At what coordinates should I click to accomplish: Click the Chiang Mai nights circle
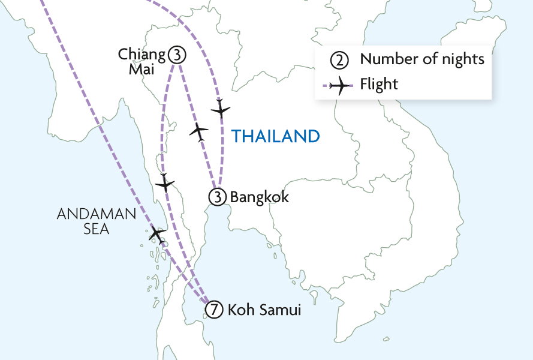[176, 55]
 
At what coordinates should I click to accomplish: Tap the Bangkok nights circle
[216, 196]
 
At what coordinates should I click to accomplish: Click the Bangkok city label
[260, 197]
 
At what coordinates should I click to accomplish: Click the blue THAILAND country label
[276, 136]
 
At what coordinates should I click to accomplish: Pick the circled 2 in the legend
[339, 60]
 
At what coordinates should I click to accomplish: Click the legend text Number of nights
[422, 59]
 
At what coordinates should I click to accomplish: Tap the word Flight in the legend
[379, 84]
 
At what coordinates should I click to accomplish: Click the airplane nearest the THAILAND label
[221, 109]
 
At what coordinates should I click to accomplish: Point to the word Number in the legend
[386, 59]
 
